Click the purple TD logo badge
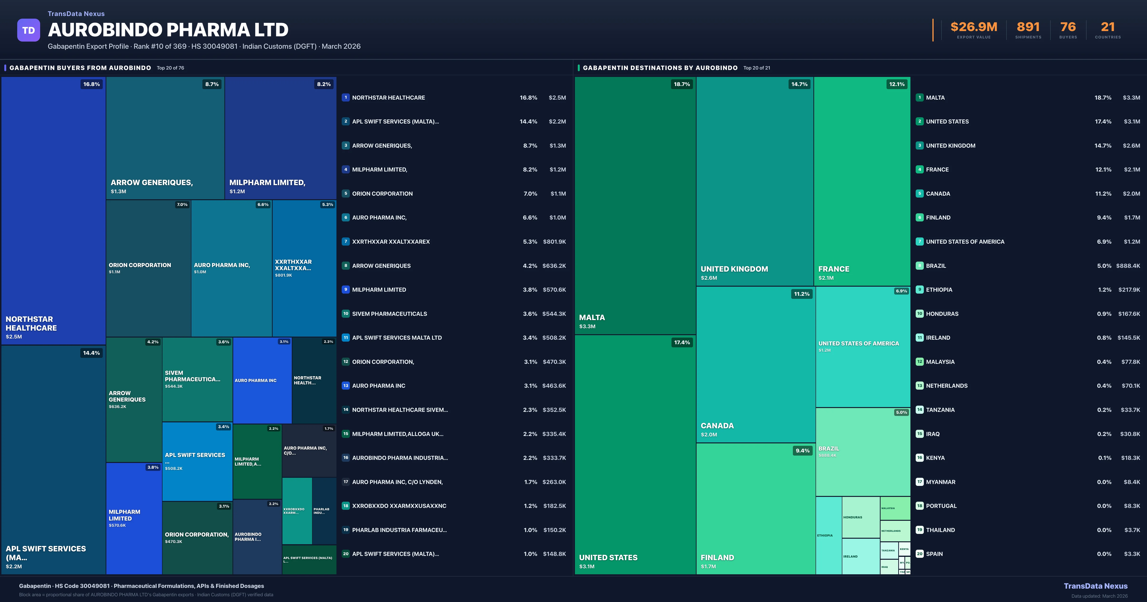28,30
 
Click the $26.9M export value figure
974,27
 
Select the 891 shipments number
1028,27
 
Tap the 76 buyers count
1068,27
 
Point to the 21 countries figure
1107,27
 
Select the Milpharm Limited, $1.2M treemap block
281,138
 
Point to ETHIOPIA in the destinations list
939,290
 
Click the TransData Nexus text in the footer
1095,586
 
